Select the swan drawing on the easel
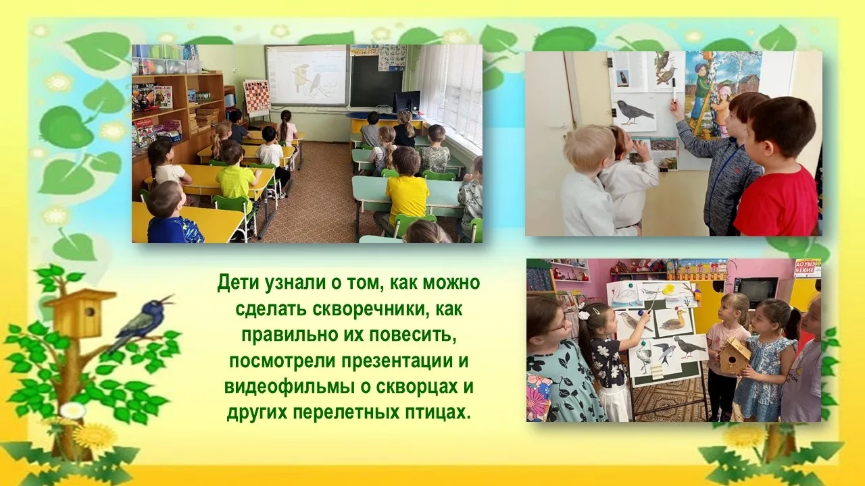621,296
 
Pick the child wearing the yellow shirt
407,196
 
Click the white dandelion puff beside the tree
72,411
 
